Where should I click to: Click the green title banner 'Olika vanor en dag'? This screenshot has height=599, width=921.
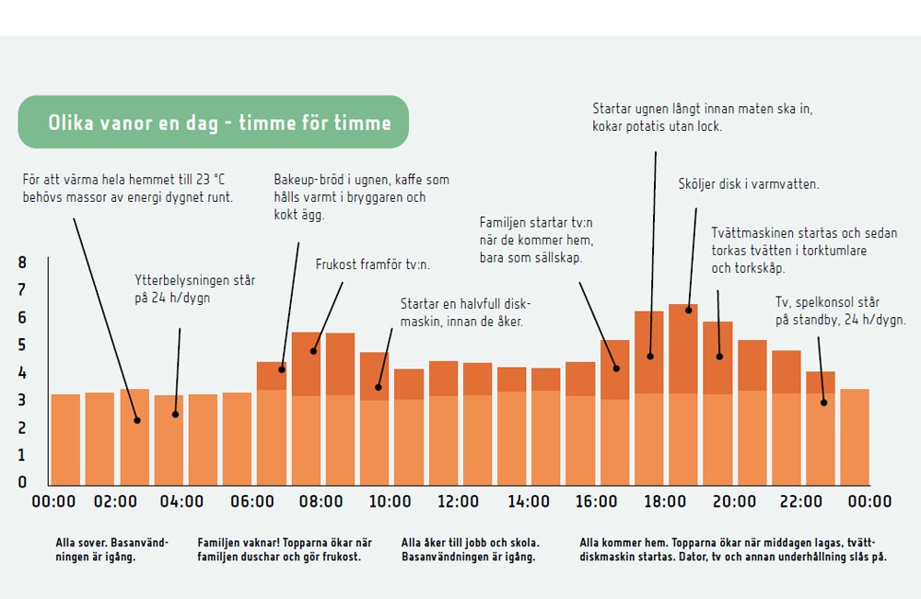pyautogui.click(x=213, y=123)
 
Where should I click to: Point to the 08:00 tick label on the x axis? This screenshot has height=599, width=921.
pyautogui.click(x=321, y=502)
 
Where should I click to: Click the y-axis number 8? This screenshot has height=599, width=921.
pyautogui.click(x=22, y=263)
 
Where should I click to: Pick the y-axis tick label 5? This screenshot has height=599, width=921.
pyautogui.click(x=22, y=346)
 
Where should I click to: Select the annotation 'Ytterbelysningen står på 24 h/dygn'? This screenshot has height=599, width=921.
pyautogui.click(x=194, y=288)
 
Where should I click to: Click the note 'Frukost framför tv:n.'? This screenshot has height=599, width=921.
pyautogui.click(x=372, y=264)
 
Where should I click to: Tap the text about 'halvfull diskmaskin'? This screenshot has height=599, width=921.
pyautogui.click(x=465, y=311)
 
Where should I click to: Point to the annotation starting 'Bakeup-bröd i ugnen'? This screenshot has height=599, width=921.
pyautogui.click(x=361, y=197)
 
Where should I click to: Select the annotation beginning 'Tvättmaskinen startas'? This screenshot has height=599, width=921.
pyautogui.click(x=803, y=251)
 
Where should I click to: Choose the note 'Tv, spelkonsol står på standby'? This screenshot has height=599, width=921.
pyautogui.click(x=840, y=311)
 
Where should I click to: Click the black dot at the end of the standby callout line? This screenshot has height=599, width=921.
pyautogui.click(x=823, y=403)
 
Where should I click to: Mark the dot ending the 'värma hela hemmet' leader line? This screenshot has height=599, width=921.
pyautogui.click(x=136, y=420)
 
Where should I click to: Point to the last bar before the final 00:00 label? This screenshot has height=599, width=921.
pyautogui.click(x=854, y=437)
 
